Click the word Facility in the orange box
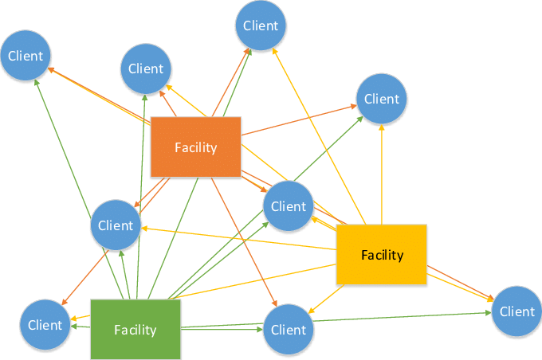195,147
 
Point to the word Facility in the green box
135,330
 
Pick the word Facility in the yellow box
382,256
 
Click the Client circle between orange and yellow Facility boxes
288,206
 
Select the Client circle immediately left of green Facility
45,325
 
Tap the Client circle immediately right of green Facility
288,330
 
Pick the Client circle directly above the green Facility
116,225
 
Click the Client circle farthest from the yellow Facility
26,57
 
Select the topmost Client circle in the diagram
261,25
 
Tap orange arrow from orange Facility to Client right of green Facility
243,239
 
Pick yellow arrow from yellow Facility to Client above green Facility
239,237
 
